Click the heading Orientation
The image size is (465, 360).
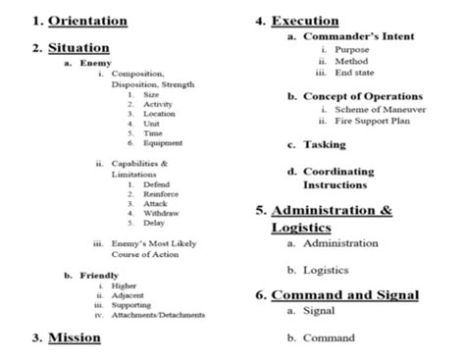[x=88, y=20]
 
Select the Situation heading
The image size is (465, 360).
[x=79, y=47]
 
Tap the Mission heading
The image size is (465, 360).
[x=76, y=337]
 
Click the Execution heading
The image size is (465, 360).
[x=306, y=20]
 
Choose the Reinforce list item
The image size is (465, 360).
[x=162, y=194]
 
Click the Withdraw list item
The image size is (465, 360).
[x=161, y=213]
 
